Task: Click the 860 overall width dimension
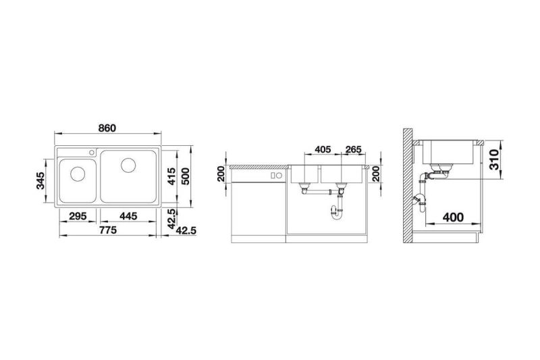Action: coord(107,128)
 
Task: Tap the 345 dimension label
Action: coord(40,180)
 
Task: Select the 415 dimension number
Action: coord(171,176)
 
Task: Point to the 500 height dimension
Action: coord(185,176)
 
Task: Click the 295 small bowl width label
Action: coord(78,216)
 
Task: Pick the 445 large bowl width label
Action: coord(128,216)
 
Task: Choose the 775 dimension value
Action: coord(108,230)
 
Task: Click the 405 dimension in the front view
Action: coord(323,149)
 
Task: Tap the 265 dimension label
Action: coord(353,149)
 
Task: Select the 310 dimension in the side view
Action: coord(494,159)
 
